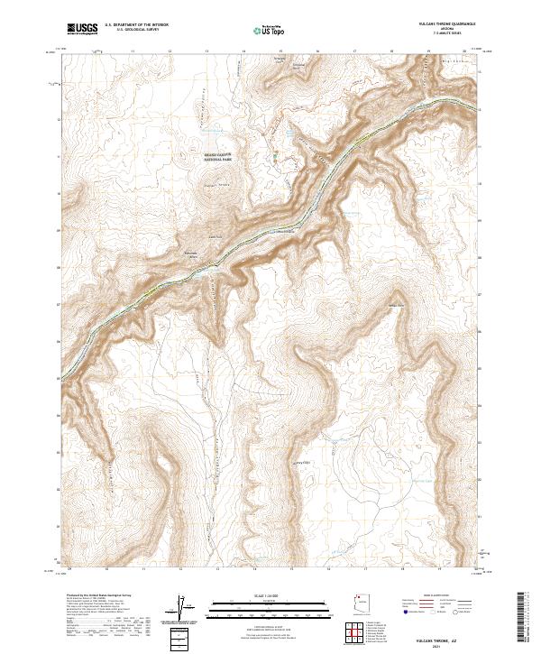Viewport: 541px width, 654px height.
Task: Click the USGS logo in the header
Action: tap(82, 29)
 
